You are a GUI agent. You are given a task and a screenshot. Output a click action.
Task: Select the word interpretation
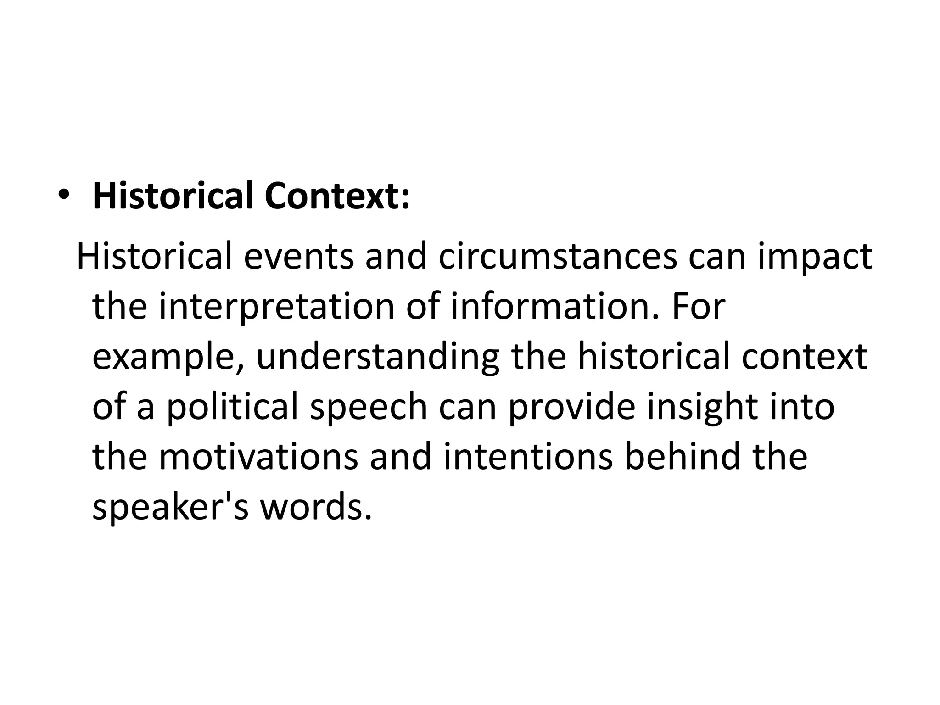(277, 307)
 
